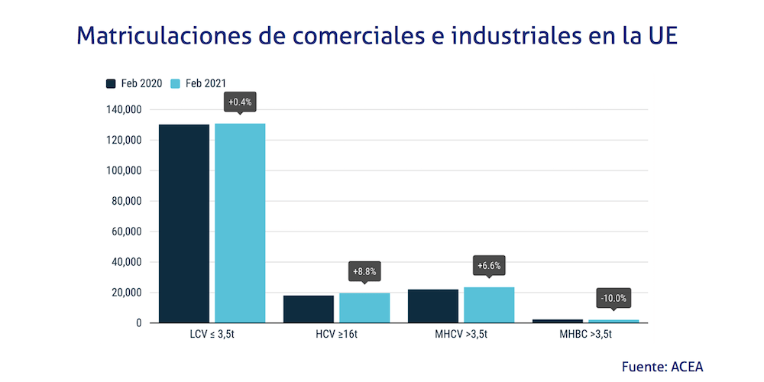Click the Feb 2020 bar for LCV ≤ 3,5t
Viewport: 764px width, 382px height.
coord(183,223)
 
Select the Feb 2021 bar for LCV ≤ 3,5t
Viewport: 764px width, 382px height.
coord(240,223)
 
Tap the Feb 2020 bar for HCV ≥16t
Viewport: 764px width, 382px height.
coord(308,309)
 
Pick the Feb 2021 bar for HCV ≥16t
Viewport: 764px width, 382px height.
coord(364,307)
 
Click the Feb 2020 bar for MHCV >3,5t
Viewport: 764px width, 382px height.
coord(433,306)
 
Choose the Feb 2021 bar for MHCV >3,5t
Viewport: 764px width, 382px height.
coord(489,305)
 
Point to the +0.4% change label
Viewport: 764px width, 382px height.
coord(240,102)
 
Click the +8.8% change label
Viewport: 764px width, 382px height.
coord(364,271)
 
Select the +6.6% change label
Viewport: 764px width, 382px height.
coord(489,265)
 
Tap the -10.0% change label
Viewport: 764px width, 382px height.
coord(614,298)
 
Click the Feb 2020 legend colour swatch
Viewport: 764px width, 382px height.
coord(111,84)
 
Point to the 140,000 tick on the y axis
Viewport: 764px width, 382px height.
coord(123,110)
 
